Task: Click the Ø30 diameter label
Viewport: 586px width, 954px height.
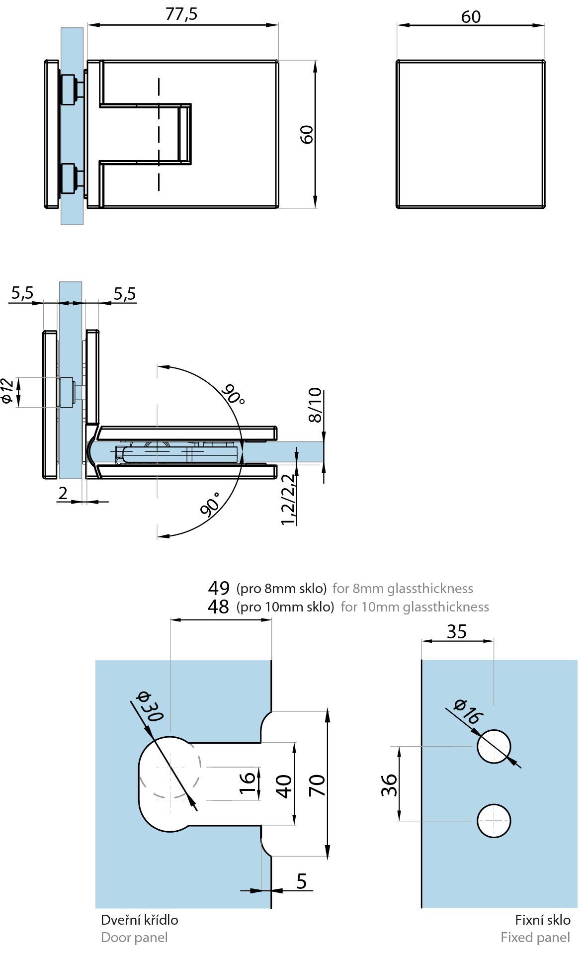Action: point(150,706)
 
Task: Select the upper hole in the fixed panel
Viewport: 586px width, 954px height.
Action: point(494,747)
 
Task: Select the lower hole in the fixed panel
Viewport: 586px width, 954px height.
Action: point(494,821)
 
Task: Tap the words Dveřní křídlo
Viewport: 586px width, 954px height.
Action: point(139,920)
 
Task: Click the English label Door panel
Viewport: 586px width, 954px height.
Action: point(134,938)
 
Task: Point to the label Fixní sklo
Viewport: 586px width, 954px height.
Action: point(542,920)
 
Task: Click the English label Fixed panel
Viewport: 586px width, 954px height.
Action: point(535,938)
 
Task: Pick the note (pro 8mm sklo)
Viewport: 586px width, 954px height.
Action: point(281,589)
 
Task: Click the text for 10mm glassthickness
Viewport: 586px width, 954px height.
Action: point(415,607)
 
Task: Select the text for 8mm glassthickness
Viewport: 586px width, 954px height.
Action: point(403,589)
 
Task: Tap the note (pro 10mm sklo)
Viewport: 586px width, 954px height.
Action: point(285,607)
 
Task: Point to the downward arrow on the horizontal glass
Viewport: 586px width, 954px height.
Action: point(296,455)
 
